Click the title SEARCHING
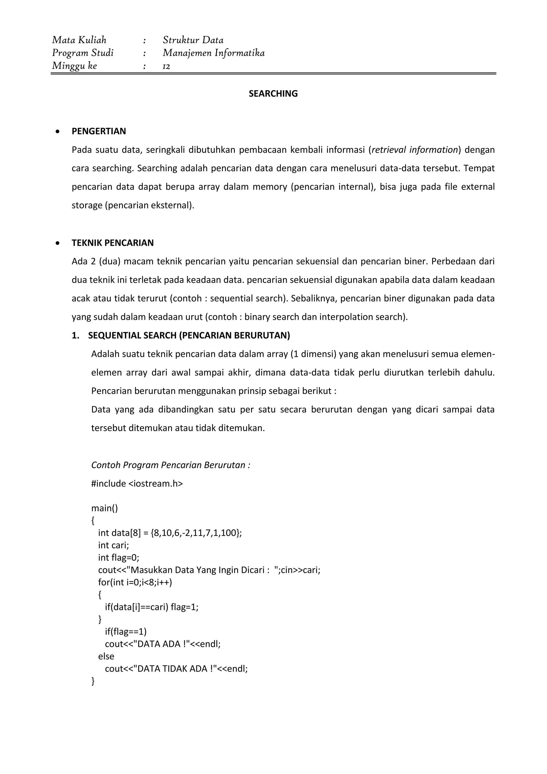coord(273,94)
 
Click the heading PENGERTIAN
coord(99,131)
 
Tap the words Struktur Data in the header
coord(193,40)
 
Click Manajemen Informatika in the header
coord(214,53)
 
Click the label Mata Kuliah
coord(79,40)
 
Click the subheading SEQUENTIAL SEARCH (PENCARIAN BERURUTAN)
coord(189,335)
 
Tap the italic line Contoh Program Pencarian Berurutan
coord(171,465)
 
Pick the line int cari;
coord(114,545)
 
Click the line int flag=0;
coord(119,558)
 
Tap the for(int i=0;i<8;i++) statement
coord(135,582)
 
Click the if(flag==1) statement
coord(126,631)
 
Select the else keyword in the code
coord(106,656)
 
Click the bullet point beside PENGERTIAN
coord(58,131)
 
